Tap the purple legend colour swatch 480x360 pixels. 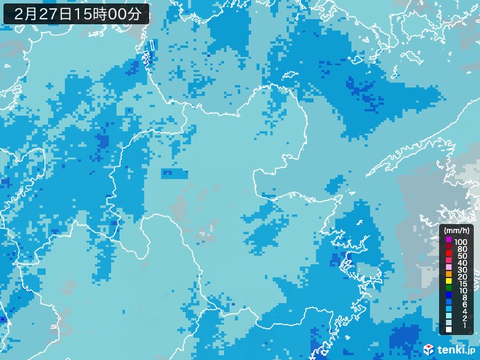coord(449,240)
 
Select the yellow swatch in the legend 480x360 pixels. coord(449,283)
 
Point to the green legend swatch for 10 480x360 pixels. coord(449,290)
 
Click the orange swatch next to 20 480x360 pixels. coord(449,276)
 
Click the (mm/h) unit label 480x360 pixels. coord(457,230)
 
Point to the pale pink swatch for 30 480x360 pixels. coord(449,269)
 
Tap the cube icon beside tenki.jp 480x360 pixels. coord(429,349)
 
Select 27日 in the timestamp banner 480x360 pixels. coord(58,13)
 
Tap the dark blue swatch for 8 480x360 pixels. coord(449,297)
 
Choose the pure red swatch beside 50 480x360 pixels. coord(449,255)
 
